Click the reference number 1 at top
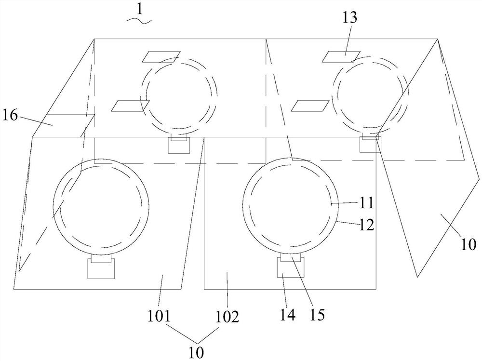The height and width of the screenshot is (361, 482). pyautogui.click(x=140, y=10)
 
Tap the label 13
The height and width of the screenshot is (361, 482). pyautogui.click(x=350, y=17)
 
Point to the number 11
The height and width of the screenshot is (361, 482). pyautogui.click(x=366, y=203)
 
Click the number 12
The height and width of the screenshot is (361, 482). pyautogui.click(x=366, y=226)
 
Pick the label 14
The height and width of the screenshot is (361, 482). pyautogui.click(x=287, y=315)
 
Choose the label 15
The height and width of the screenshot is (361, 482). pyautogui.click(x=317, y=315)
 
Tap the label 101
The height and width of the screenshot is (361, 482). pyautogui.click(x=160, y=316)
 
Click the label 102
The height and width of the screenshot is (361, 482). pyautogui.click(x=227, y=317)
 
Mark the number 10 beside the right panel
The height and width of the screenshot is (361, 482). pyautogui.click(x=469, y=245)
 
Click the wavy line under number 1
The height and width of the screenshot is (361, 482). pyautogui.click(x=140, y=21)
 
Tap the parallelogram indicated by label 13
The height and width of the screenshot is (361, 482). pyautogui.click(x=341, y=57)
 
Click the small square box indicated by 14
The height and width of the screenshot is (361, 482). pyautogui.click(x=291, y=267)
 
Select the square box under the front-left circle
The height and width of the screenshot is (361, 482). pyautogui.click(x=101, y=268)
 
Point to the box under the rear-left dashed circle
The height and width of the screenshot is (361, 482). pyautogui.click(x=179, y=145)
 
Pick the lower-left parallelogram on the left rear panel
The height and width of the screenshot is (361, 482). pyautogui.click(x=130, y=106)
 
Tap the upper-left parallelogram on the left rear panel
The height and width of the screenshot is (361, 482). pyautogui.click(x=161, y=57)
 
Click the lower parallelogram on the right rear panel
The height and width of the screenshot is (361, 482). pyautogui.click(x=310, y=106)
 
